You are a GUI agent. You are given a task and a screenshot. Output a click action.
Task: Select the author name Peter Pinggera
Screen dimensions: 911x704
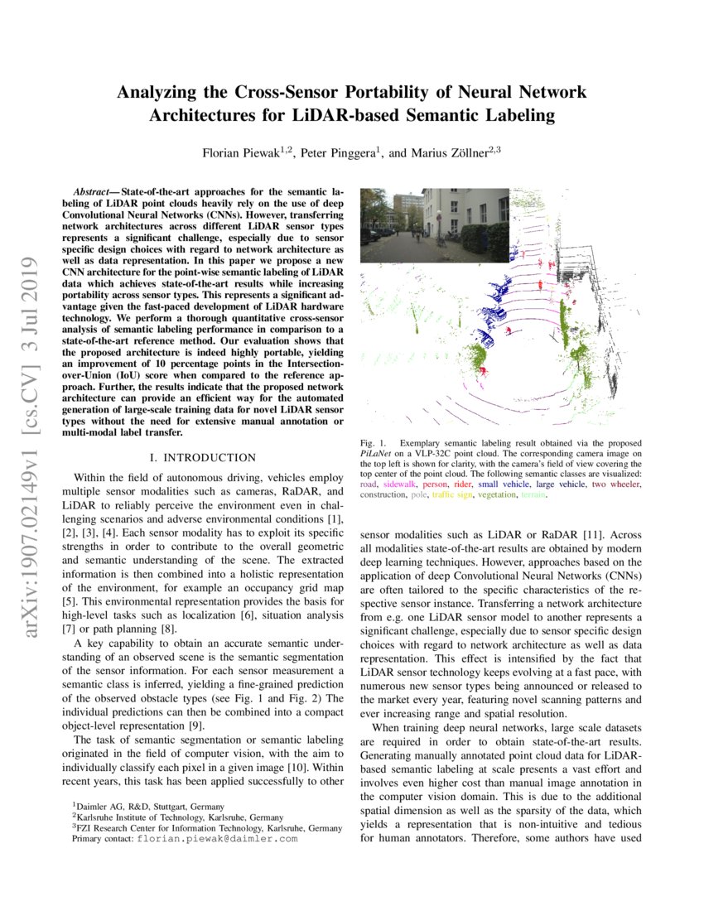click(x=334, y=153)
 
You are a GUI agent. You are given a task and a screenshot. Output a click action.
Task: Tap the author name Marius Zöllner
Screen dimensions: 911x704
click(x=451, y=153)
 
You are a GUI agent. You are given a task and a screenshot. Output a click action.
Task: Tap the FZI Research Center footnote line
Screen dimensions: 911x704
click(x=207, y=827)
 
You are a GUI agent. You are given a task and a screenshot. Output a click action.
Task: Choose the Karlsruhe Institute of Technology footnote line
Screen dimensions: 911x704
click(x=177, y=817)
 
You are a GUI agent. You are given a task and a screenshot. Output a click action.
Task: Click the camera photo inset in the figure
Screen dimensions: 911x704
click(x=435, y=224)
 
